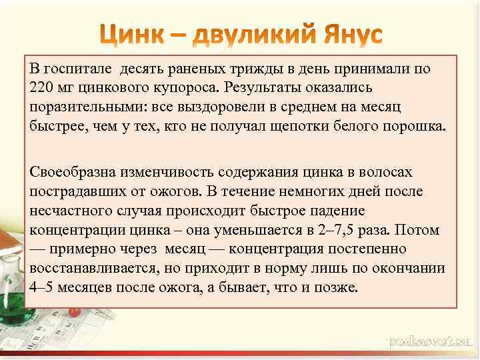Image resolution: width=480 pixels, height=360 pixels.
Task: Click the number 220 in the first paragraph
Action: (x=41, y=87)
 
